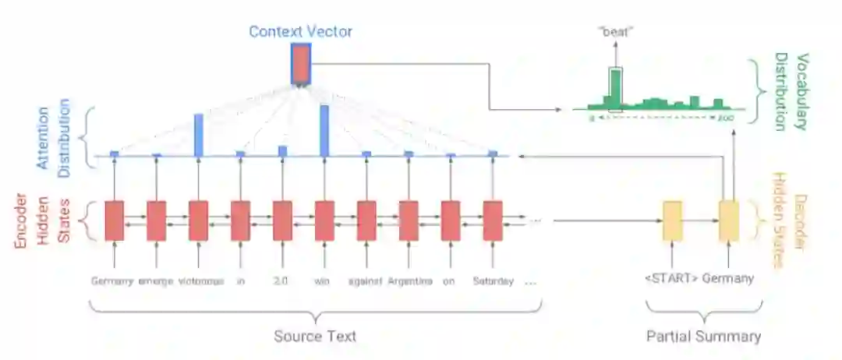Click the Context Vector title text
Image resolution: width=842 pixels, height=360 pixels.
[300, 32]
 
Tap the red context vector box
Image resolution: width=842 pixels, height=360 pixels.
[300, 64]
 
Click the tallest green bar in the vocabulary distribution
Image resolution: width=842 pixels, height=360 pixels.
[615, 89]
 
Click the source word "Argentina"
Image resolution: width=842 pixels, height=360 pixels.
[410, 281]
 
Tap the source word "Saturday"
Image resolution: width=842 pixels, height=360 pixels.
[494, 281]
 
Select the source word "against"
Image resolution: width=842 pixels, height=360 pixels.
[366, 281]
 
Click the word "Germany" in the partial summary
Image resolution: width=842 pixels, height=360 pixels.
[729, 279]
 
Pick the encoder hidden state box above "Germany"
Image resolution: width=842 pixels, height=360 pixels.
[114, 221]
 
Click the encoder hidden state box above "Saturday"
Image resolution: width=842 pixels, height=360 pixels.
[493, 221]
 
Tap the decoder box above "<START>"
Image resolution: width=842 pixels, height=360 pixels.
[672, 221]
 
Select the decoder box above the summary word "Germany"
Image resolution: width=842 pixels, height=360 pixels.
[728, 221]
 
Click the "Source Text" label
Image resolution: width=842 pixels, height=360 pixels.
[315, 336]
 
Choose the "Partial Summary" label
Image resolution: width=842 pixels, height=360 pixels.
[703, 336]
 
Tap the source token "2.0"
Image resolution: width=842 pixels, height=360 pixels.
[282, 281]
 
